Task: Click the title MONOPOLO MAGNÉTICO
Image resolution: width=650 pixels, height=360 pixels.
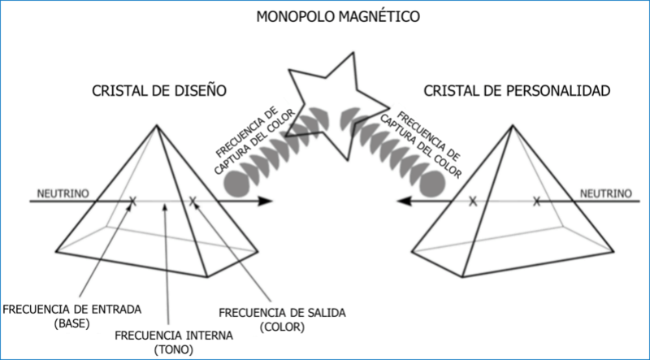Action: pyautogui.click(x=325, y=16)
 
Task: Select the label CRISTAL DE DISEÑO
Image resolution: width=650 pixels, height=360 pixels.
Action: pyautogui.click(x=158, y=89)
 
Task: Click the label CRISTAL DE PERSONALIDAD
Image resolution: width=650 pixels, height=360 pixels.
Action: pyautogui.click(x=517, y=89)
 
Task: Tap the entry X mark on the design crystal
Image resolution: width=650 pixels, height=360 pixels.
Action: pyautogui.click(x=133, y=201)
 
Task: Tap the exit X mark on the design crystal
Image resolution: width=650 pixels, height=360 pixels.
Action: pyautogui.click(x=193, y=201)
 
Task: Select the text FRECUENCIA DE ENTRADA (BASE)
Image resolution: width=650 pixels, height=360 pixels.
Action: pyautogui.click(x=73, y=314)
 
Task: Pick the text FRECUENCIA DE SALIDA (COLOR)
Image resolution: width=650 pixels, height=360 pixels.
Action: pyautogui.click(x=281, y=319)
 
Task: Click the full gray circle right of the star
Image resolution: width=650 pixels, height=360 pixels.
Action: pyautogui.click(x=432, y=184)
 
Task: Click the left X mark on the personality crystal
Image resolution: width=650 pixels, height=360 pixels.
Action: pyautogui.click(x=472, y=201)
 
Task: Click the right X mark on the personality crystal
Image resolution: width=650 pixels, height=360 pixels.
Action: pyautogui.click(x=536, y=201)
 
